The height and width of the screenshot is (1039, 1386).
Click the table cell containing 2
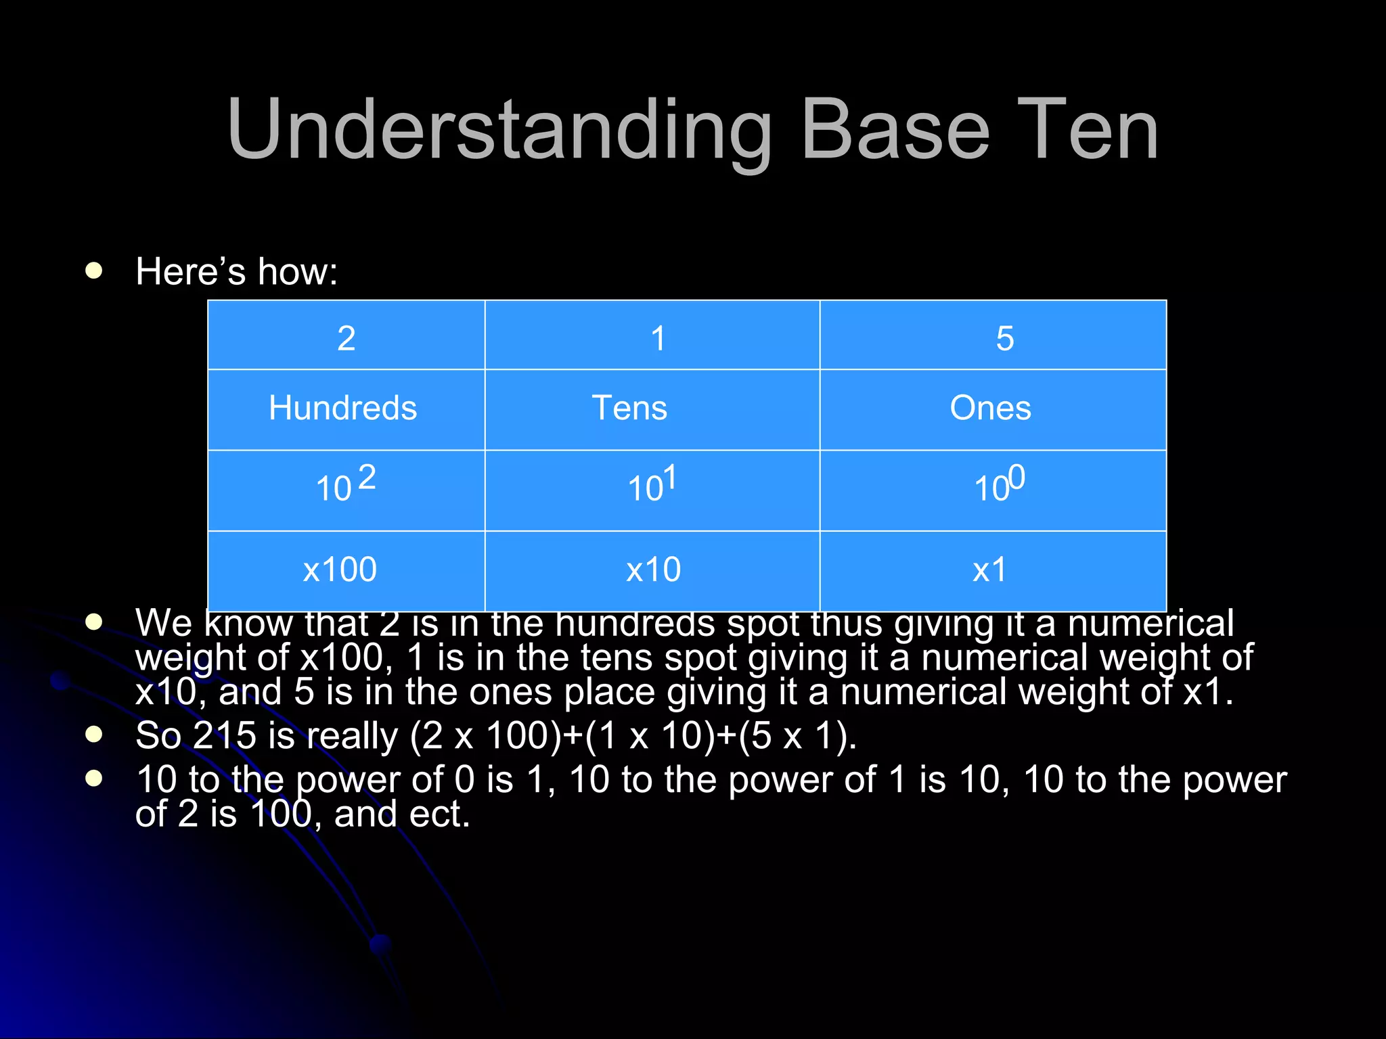(346, 338)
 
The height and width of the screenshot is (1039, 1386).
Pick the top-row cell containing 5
(1004, 338)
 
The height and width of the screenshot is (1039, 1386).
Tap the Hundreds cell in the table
(343, 408)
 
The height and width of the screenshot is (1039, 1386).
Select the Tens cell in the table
(629, 408)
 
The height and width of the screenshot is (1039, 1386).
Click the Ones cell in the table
(990, 408)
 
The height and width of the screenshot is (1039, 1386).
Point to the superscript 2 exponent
(367, 478)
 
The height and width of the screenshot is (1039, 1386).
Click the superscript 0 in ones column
(1016, 478)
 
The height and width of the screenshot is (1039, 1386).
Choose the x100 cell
(340, 570)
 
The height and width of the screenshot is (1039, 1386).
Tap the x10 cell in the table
(653, 570)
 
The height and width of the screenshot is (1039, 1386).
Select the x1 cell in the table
(989, 570)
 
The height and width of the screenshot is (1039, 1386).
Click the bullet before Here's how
(93, 271)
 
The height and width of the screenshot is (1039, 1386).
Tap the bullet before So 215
(93, 735)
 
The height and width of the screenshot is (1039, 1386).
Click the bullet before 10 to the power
(93, 779)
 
